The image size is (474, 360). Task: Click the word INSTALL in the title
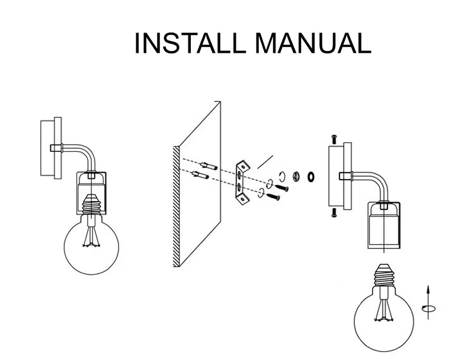click(x=190, y=43)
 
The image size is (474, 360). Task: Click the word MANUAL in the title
click(x=313, y=43)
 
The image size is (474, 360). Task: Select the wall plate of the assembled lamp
click(x=51, y=148)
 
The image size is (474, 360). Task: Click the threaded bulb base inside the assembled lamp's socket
click(x=91, y=204)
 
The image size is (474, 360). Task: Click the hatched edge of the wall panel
click(x=176, y=206)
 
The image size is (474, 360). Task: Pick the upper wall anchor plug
click(x=209, y=166)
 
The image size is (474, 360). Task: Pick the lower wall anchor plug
click(x=200, y=175)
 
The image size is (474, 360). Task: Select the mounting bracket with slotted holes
click(x=242, y=182)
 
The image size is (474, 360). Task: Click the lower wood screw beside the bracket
click(x=273, y=197)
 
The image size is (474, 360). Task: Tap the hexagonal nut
click(x=296, y=176)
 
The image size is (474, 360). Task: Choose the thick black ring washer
click(x=310, y=176)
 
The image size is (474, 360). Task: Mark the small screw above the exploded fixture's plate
click(x=334, y=139)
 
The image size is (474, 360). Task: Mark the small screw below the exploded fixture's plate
click(x=334, y=213)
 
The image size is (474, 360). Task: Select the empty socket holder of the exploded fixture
click(x=384, y=226)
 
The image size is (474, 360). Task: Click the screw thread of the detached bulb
click(x=384, y=276)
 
